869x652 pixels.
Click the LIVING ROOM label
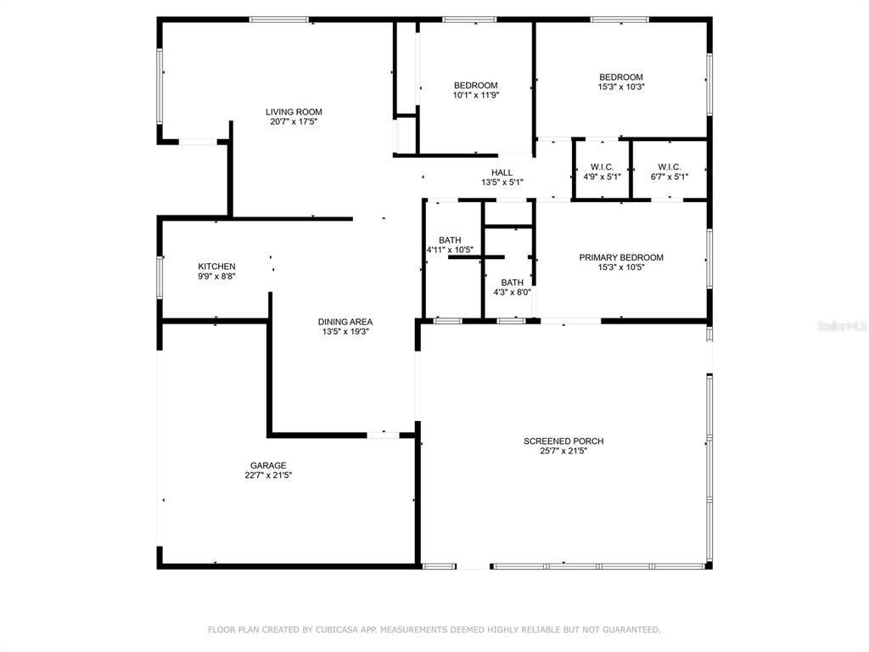point(294,112)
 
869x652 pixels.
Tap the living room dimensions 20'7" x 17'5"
point(294,122)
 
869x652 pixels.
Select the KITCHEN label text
point(216,267)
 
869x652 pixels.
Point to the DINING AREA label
point(345,322)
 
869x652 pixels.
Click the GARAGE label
point(268,466)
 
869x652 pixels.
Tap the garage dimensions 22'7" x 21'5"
point(268,475)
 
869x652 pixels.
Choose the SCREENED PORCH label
point(563,441)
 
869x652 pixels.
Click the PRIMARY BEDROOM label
point(621,258)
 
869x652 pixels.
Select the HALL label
point(502,173)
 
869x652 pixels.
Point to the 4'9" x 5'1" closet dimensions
point(602,177)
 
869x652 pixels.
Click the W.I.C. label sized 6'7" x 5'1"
point(670,167)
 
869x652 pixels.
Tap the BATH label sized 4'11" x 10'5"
point(450,240)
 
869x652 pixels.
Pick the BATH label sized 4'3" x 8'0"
point(512,283)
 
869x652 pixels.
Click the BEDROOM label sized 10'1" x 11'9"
point(475,86)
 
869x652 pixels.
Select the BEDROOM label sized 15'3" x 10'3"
point(621,77)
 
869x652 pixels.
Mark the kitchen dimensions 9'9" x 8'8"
point(216,276)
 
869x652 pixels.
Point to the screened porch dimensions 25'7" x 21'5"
point(563,452)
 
